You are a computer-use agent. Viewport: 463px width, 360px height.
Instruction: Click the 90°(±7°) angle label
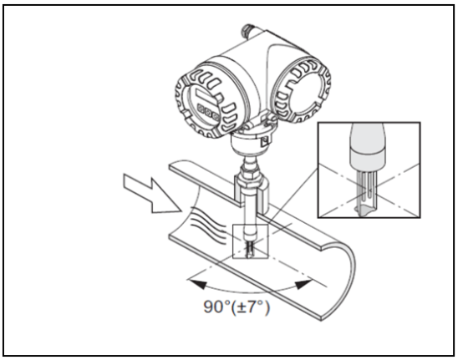point(237,307)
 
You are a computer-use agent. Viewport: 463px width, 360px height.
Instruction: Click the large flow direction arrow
point(152,193)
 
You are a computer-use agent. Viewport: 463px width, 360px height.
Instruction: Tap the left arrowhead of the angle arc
point(197,284)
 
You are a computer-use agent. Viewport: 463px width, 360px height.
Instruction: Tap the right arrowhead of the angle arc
point(303,284)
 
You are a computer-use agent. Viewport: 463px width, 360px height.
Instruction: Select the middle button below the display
point(209,113)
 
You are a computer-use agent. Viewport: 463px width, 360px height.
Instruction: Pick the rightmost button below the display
point(216,117)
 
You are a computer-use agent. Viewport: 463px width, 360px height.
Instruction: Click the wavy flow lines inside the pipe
point(208,226)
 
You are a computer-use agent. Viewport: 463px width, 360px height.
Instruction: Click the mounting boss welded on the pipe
point(251,193)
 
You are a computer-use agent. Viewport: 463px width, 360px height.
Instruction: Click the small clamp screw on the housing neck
point(266,140)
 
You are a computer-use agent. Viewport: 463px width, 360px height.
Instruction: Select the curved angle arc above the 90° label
point(250,292)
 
